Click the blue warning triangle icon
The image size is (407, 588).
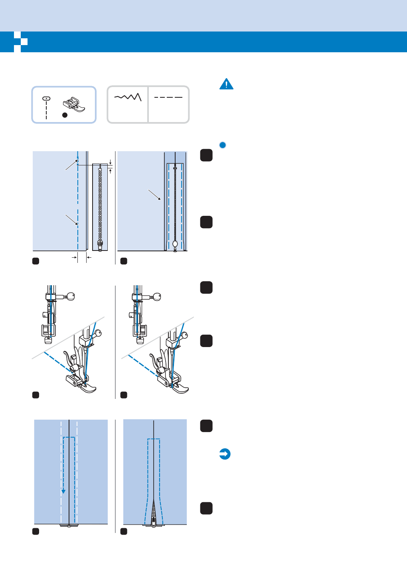(x=226, y=84)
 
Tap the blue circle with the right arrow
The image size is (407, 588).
(x=225, y=454)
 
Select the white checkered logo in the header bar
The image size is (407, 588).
(x=20, y=41)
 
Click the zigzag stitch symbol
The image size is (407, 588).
(x=128, y=97)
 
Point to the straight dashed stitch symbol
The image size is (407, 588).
(x=168, y=97)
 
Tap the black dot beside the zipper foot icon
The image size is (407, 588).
(x=65, y=115)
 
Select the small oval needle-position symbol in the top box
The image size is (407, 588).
(x=46, y=98)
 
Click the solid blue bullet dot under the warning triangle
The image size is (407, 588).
(x=223, y=145)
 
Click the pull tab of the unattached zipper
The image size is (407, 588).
(x=100, y=245)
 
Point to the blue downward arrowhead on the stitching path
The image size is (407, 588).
(x=63, y=491)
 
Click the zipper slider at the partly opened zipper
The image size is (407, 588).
(x=154, y=522)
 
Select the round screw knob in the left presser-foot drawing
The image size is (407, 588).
(x=71, y=296)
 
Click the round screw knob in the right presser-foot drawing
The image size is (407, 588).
(x=157, y=297)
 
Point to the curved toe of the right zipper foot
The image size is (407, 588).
(x=181, y=389)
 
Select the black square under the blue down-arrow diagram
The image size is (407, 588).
(x=36, y=531)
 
